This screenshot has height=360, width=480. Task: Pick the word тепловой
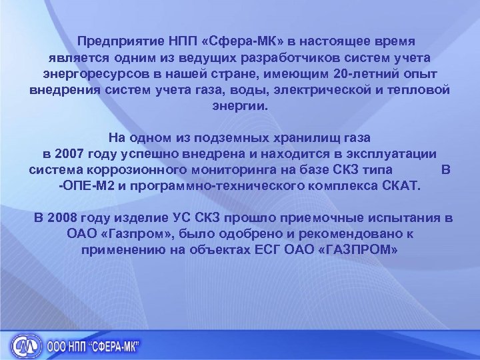(421, 89)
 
